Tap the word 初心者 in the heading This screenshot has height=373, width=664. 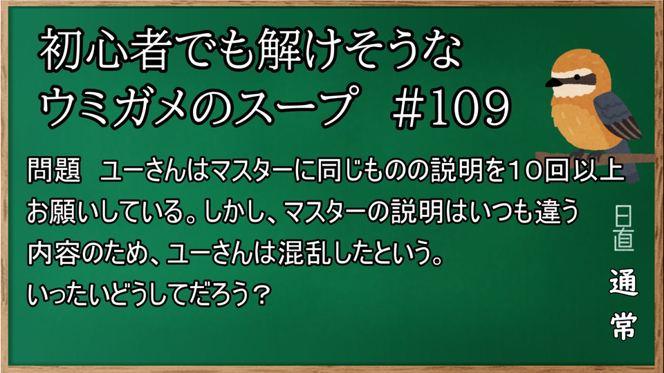pos(103,50)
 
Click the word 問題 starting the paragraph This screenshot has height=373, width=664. pos(54,171)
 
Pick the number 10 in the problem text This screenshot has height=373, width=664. pos(525,171)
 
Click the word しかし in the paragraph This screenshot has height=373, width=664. pos(237,211)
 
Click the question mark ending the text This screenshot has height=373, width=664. pos(263,294)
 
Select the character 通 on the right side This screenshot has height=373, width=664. pos(624,282)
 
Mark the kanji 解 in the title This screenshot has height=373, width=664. pos(277,50)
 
